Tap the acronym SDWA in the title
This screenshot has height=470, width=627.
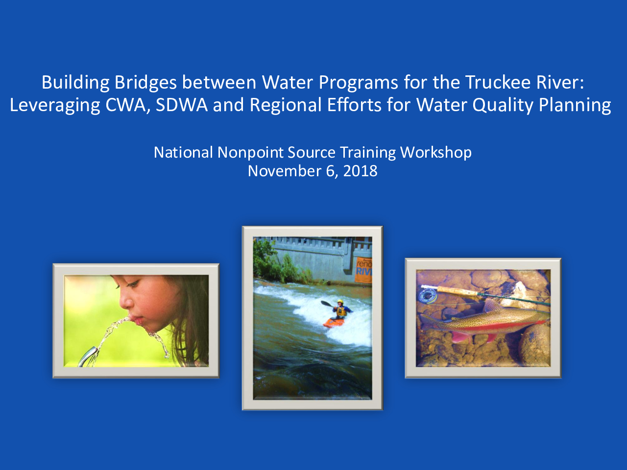tap(182, 105)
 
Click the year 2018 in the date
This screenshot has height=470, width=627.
tap(360, 171)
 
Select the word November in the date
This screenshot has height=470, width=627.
tap(285, 171)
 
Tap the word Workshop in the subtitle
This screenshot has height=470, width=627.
tap(436, 153)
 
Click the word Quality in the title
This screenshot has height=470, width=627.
tap(503, 105)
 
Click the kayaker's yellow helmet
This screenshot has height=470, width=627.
tap(340, 302)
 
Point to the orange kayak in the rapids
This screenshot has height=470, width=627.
tap(334, 323)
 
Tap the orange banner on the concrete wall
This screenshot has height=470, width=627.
tap(363, 270)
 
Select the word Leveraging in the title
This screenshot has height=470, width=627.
tap(55, 105)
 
